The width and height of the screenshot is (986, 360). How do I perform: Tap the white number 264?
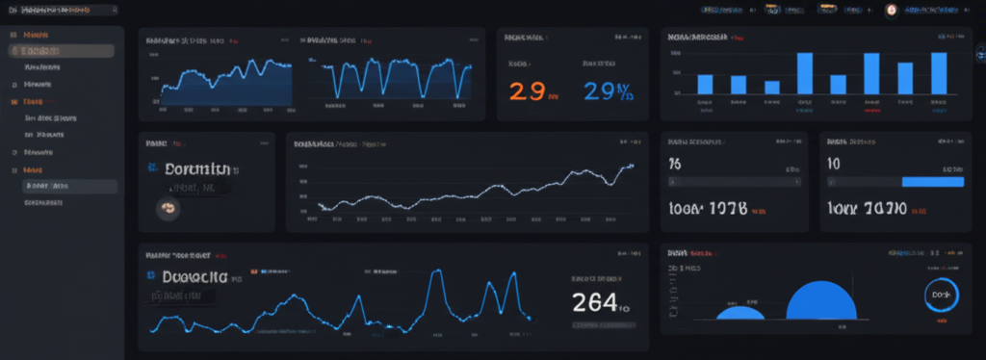tap(595, 301)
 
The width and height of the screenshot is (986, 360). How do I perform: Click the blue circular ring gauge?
tap(941, 296)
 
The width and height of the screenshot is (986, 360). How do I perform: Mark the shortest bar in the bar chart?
tap(771, 87)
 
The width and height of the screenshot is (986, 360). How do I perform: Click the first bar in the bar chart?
tap(705, 84)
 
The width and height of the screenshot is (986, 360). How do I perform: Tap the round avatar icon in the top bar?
tap(892, 10)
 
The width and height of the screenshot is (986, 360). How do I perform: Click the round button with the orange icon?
tap(168, 207)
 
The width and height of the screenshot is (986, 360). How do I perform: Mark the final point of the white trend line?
tap(633, 165)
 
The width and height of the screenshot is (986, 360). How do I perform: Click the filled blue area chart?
tap(227, 89)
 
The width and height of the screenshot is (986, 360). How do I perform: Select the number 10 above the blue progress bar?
tap(834, 164)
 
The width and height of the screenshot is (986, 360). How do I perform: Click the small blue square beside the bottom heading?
tap(151, 275)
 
